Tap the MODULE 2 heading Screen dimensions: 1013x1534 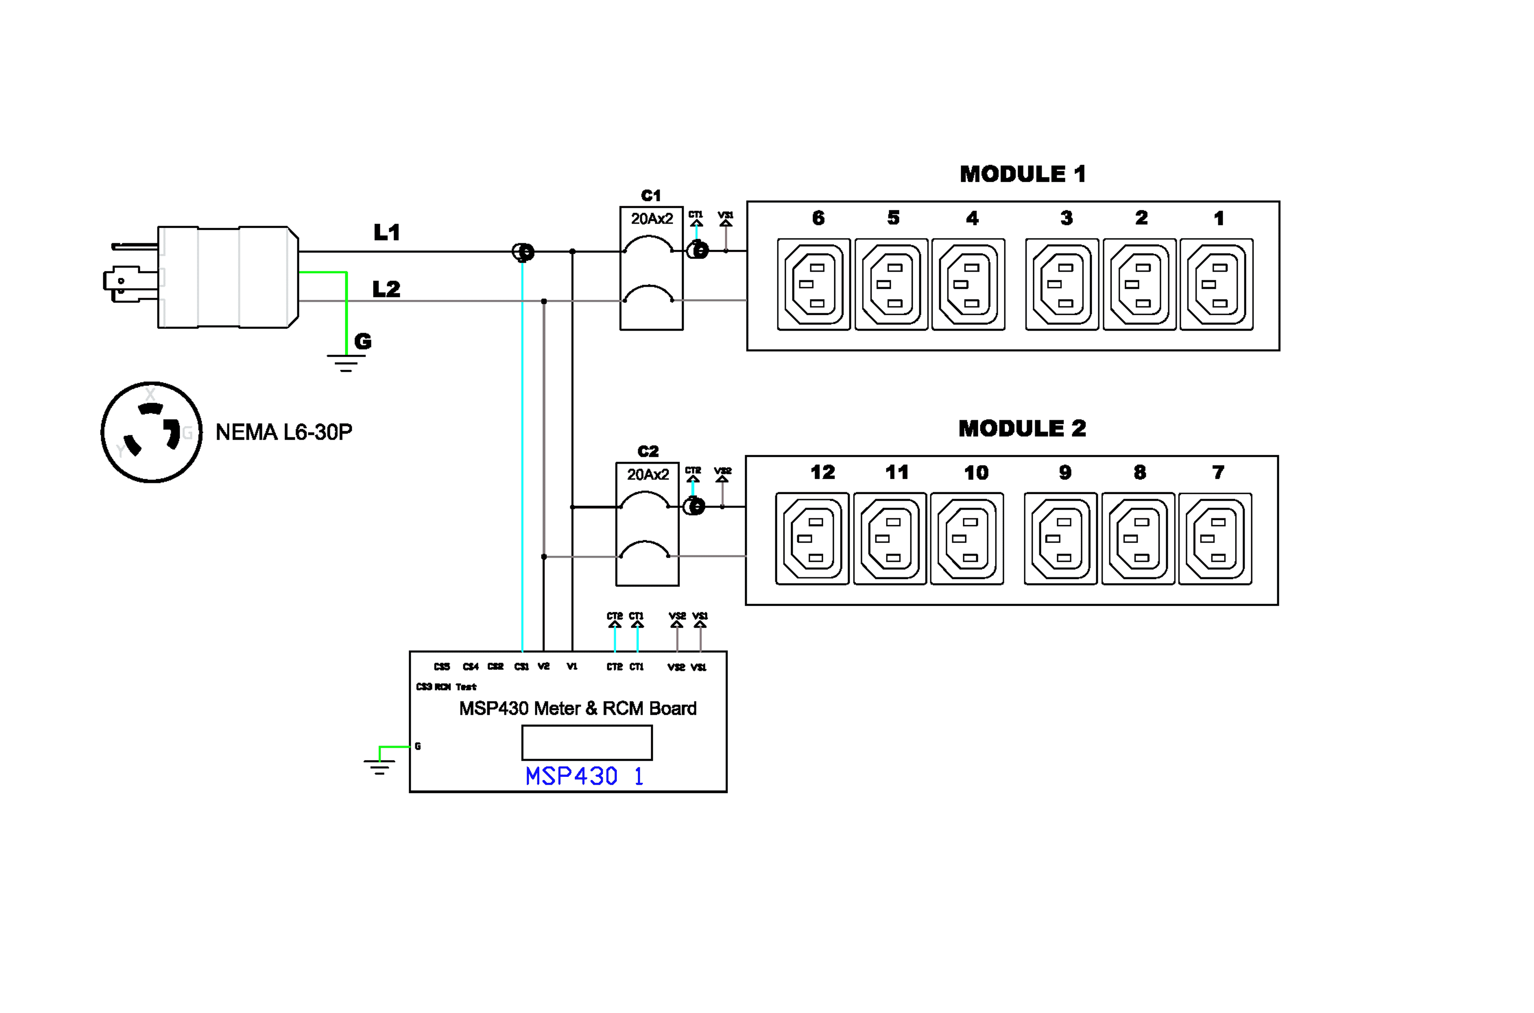1022,428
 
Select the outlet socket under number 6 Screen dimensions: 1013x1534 813,284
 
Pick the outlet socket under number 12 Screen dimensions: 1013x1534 812,539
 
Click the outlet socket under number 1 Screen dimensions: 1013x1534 1216,284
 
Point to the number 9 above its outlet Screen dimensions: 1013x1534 1065,473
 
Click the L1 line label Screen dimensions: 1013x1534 387,233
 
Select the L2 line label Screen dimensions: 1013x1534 386,289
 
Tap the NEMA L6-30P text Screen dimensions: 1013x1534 284,432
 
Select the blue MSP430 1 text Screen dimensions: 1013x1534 584,776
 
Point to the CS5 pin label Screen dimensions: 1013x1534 442,667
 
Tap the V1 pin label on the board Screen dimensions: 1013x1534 572,667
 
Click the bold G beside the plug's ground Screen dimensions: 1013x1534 363,341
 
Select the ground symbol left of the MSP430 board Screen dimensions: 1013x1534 379,766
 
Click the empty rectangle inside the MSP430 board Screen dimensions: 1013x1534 586,743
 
